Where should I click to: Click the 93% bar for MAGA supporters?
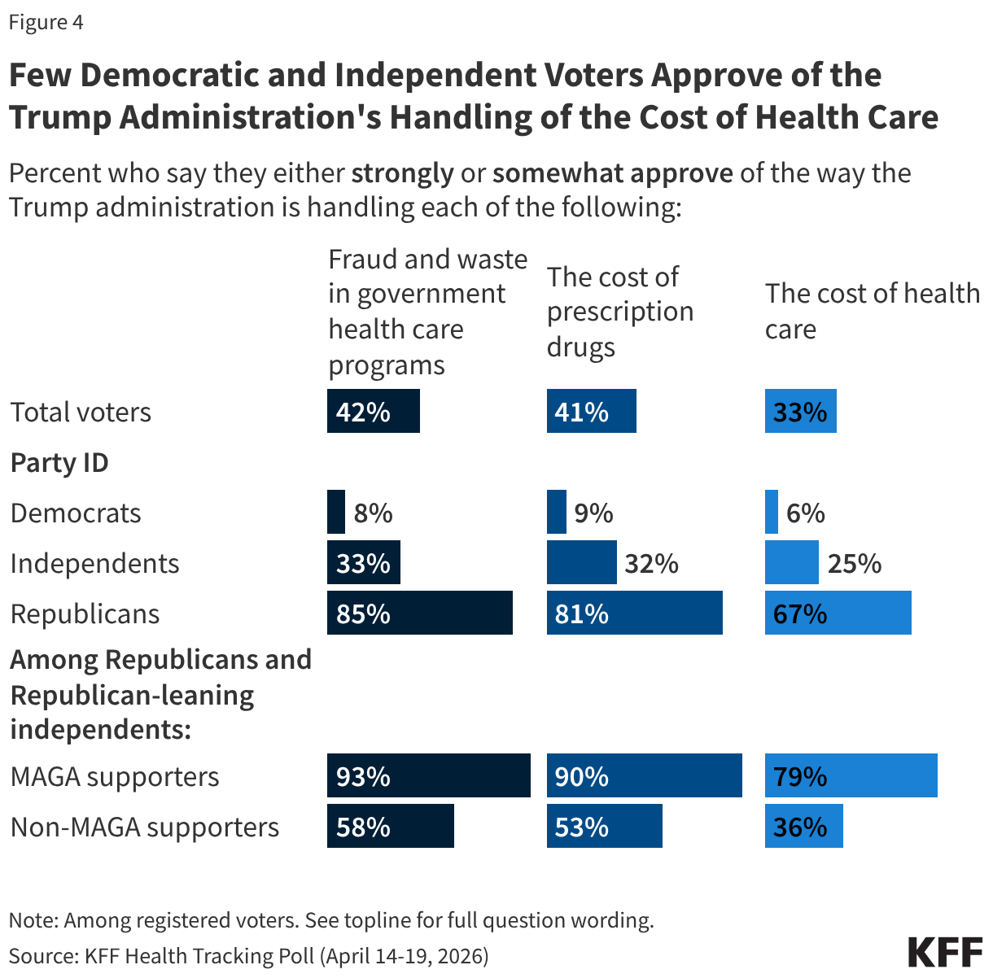428,775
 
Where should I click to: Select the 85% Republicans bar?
419,613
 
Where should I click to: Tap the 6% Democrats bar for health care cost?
771,512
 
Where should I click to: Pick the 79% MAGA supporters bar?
851,775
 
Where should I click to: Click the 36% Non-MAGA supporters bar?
803,826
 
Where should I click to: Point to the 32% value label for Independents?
651,563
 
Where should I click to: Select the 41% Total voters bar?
591,411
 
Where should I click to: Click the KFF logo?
944,951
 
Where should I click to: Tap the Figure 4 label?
46,22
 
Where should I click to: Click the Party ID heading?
59,462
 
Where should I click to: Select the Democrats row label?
76,513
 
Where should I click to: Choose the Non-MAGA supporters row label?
144,827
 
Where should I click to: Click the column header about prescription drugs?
619,312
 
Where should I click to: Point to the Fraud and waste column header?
427,312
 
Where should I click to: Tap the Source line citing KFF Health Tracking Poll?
248,955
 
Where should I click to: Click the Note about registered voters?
331,920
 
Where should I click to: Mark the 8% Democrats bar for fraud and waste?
335,512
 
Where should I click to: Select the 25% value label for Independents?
854,563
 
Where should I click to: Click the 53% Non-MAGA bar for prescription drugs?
604,826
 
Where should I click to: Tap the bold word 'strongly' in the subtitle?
402,173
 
